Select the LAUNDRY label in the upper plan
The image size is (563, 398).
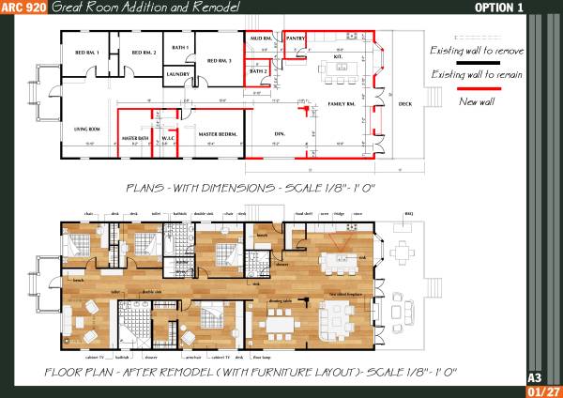click(178, 73)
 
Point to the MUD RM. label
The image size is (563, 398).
click(260, 39)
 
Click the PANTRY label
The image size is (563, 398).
click(297, 39)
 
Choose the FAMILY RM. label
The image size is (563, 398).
click(341, 104)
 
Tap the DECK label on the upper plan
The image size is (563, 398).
click(404, 104)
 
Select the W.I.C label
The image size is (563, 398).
click(169, 137)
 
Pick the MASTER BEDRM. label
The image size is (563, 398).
click(215, 136)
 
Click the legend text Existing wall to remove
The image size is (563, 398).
click(476, 50)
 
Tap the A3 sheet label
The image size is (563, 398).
click(534, 377)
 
